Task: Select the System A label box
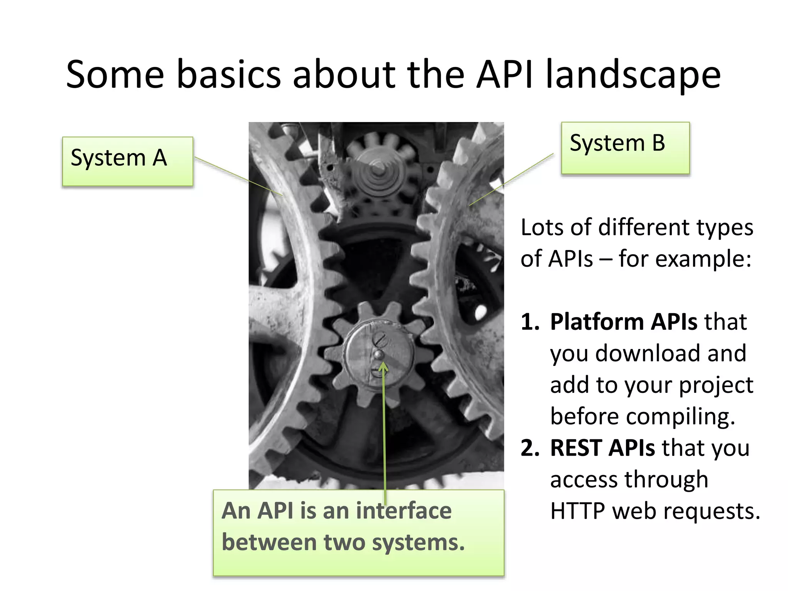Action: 127,161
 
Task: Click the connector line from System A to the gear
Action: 239,176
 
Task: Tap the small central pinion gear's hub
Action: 379,354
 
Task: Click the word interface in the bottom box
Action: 404,511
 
